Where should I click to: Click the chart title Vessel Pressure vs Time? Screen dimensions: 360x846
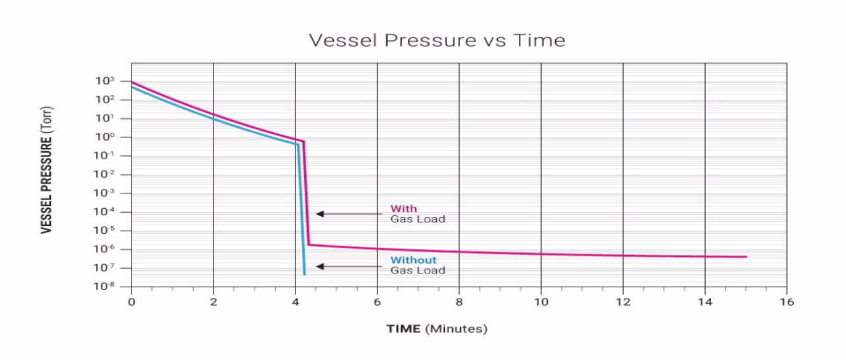pyautogui.click(x=437, y=40)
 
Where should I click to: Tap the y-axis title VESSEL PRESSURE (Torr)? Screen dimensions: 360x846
pyautogui.click(x=47, y=170)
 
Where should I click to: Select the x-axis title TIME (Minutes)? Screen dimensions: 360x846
pyautogui.click(x=436, y=328)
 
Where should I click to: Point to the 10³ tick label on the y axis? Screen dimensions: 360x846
pyautogui.click(x=105, y=81)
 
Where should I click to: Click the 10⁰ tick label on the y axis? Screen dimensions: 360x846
pyautogui.click(x=105, y=137)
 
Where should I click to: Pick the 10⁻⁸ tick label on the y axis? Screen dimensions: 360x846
pyautogui.click(x=105, y=287)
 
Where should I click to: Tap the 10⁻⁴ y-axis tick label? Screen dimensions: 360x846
pyautogui.click(x=105, y=212)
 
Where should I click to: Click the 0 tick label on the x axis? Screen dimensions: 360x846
pyautogui.click(x=132, y=302)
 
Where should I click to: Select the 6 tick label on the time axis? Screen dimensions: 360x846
pyautogui.click(x=377, y=302)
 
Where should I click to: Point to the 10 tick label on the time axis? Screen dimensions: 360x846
pyautogui.click(x=541, y=302)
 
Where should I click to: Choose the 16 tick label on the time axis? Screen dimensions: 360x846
pyautogui.click(x=787, y=302)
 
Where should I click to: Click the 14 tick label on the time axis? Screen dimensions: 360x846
pyautogui.click(x=705, y=302)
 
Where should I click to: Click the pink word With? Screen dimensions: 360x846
pyautogui.click(x=403, y=209)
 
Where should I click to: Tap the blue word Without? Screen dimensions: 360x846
pyautogui.click(x=413, y=260)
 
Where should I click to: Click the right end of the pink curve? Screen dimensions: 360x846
pyautogui.click(x=746, y=256)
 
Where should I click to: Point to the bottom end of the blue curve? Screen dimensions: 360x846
pyautogui.click(x=304, y=273)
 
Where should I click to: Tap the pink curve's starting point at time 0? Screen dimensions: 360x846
pyautogui.click(x=132, y=83)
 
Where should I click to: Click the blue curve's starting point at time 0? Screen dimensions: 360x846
pyautogui.click(x=132, y=87)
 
